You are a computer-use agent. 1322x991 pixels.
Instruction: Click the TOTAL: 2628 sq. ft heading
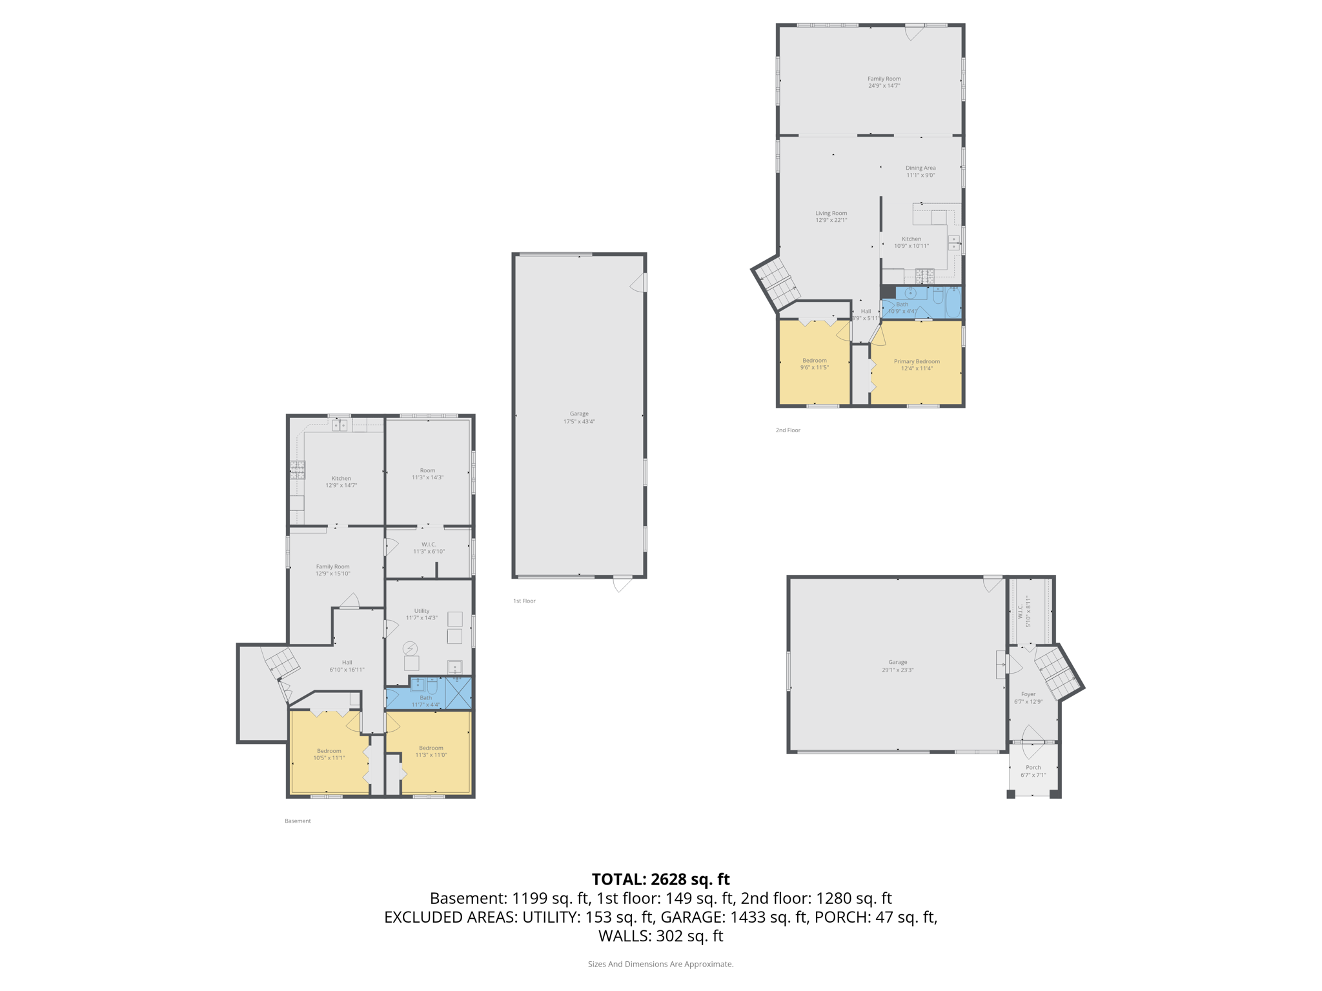(660, 879)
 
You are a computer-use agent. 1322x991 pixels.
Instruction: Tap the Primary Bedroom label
(916, 361)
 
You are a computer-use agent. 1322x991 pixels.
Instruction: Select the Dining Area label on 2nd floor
(920, 168)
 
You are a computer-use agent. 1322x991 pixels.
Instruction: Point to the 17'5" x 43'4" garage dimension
(579, 421)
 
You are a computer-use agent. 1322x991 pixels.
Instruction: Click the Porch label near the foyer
(1033, 767)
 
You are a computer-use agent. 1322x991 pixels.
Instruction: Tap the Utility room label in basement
(422, 610)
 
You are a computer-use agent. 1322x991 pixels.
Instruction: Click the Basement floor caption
(298, 821)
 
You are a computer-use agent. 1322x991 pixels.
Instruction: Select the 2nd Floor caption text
(788, 430)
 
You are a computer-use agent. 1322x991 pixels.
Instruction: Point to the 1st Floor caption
(524, 601)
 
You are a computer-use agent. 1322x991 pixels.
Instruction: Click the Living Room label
(831, 213)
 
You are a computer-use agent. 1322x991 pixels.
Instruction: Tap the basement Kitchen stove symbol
(297, 470)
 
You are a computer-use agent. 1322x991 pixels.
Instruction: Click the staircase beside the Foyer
(1057, 674)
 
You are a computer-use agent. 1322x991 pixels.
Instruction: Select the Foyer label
(1028, 694)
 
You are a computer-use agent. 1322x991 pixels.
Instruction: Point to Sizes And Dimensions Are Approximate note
(660, 964)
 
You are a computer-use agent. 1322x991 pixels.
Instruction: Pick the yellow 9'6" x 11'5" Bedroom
(815, 363)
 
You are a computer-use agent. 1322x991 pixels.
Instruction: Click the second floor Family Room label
(884, 79)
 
